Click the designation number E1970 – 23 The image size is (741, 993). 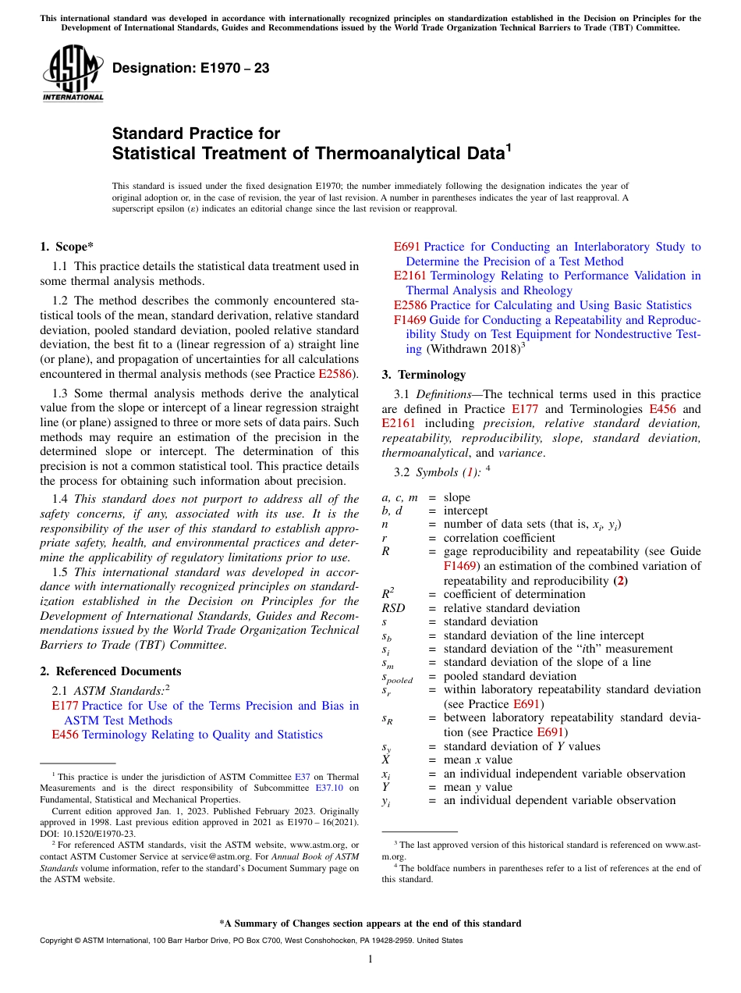click(190, 69)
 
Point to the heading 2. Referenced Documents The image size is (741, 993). click(111, 671)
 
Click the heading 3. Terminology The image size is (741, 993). click(424, 375)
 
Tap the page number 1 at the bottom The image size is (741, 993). click(370, 959)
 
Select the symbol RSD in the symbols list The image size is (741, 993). click(393, 608)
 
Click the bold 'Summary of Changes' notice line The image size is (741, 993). click(370, 924)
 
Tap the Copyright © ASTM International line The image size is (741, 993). click(250, 941)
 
